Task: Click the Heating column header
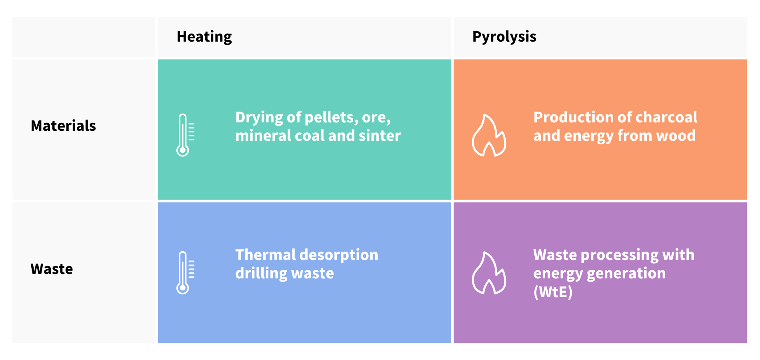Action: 204,37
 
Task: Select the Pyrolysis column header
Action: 504,37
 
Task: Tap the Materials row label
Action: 63,126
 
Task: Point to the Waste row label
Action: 52,269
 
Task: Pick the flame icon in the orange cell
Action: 489,135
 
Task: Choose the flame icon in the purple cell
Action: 489,273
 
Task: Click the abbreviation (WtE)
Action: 553,292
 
